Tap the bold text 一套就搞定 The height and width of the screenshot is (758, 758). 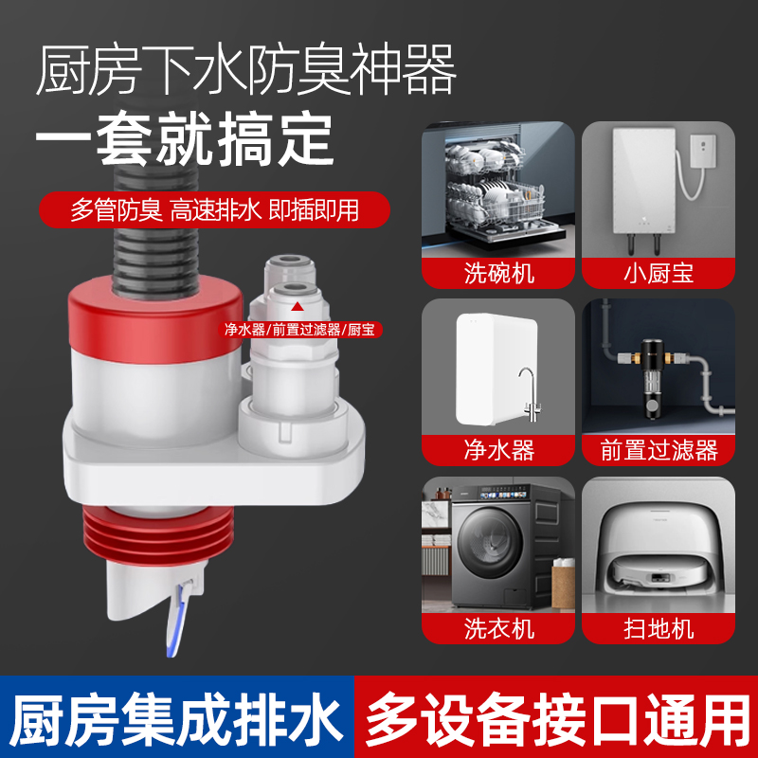click(x=185, y=139)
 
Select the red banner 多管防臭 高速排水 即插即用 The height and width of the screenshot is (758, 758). click(x=215, y=209)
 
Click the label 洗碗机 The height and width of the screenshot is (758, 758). click(x=499, y=274)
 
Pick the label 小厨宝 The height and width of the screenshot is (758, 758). click(x=659, y=274)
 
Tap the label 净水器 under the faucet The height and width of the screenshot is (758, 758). click(x=499, y=450)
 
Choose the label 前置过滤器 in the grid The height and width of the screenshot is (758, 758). click(x=659, y=450)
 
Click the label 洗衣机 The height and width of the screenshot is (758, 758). click(x=499, y=627)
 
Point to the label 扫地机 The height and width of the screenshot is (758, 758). click(x=659, y=627)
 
